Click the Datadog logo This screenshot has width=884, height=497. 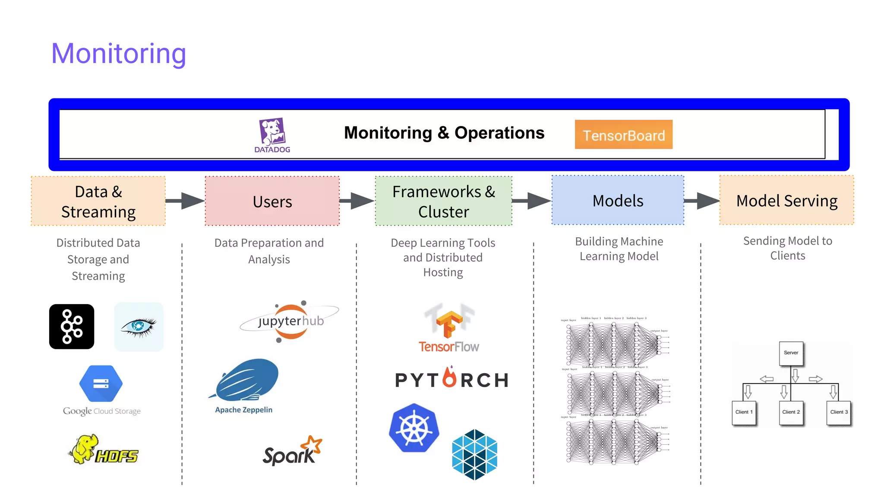[272, 134]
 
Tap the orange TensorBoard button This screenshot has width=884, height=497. [623, 135]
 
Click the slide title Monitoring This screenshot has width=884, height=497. [119, 53]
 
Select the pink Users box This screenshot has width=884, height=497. [272, 201]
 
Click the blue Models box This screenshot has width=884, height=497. [618, 200]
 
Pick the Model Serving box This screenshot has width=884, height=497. [786, 200]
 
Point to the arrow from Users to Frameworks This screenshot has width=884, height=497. [357, 201]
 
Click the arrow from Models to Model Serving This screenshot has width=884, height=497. [702, 201]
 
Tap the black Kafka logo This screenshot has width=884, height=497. [72, 327]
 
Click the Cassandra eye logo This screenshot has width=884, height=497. [139, 327]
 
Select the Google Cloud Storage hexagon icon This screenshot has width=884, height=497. [101, 383]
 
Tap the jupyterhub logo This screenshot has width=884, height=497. [290, 321]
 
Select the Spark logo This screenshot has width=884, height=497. [292, 451]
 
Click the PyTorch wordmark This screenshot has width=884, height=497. [451, 379]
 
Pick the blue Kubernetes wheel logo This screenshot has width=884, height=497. [414, 428]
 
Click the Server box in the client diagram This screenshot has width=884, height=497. [791, 353]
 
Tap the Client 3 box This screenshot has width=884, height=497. [839, 412]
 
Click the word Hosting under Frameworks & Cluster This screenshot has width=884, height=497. [443, 273]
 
